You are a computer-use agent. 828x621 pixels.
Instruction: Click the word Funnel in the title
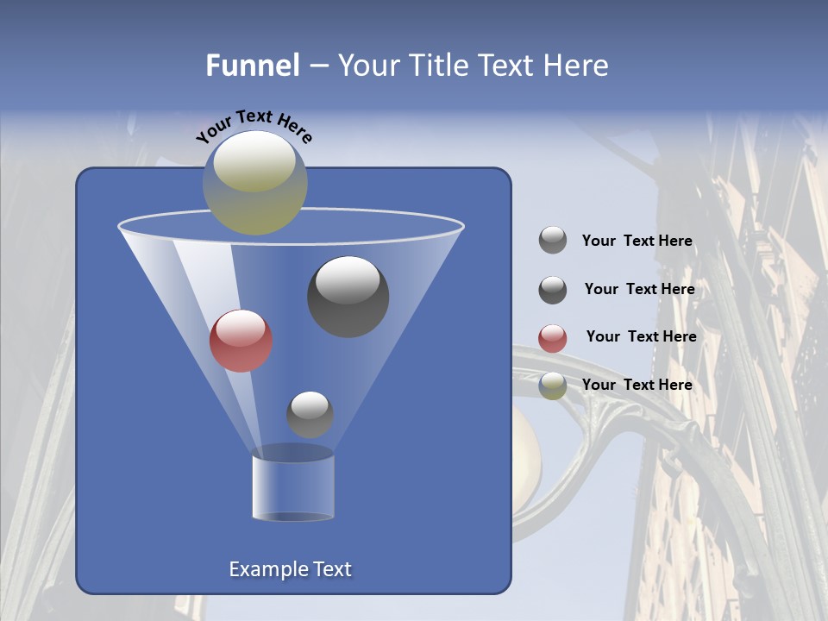click(x=253, y=66)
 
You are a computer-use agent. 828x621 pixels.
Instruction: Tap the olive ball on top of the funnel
click(x=255, y=183)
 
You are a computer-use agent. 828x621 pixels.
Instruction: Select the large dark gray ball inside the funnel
click(x=348, y=297)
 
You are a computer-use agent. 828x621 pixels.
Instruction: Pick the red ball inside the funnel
click(x=241, y=341)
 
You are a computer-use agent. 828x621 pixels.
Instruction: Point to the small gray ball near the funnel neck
click(x=310, y=414)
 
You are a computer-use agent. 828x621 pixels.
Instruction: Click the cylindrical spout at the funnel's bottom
click(x=293, y=487)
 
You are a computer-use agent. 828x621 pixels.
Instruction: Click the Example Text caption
click(x=290, y=569)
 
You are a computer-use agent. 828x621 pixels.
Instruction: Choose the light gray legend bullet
click(x=553, y=241)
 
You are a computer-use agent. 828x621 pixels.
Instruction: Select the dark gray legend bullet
click(x=553, y=290)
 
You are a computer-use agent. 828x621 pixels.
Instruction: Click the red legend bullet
click(x=553, y=338)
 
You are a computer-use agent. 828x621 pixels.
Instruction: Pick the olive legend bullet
click(x=553, y=386)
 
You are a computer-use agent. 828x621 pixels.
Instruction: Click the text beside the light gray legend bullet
click(x=637, y=241)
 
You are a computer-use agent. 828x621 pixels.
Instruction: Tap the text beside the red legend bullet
click(x=641, y=337)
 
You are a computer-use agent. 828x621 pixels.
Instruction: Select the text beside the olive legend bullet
click(x=637, y=385)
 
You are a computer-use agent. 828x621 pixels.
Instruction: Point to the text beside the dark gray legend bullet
click(x=639, y=290)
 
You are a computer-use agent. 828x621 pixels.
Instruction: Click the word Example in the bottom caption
click(x=267, y=569)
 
